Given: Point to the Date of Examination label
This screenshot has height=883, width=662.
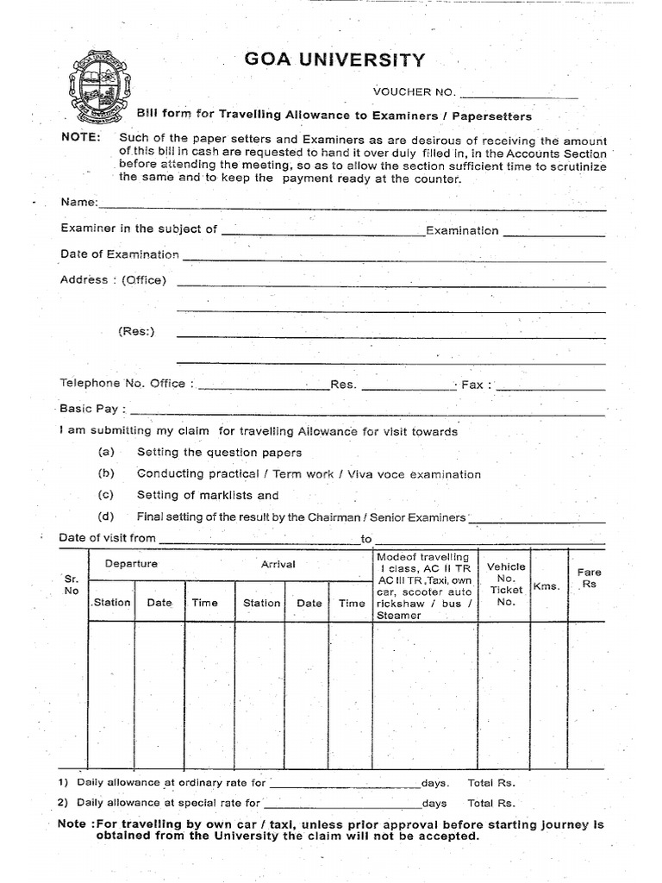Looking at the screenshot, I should (120, 254).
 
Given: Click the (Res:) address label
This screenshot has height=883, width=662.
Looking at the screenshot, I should (136, 332).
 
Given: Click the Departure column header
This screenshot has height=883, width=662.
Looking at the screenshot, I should (131, 564).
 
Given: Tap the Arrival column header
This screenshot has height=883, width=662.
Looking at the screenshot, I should (278, 564).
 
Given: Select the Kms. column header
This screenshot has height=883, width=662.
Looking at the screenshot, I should (546, 586).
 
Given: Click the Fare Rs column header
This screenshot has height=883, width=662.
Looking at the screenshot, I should (590, 578).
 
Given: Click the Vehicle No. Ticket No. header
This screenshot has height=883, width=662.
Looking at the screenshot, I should (505, 584).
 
